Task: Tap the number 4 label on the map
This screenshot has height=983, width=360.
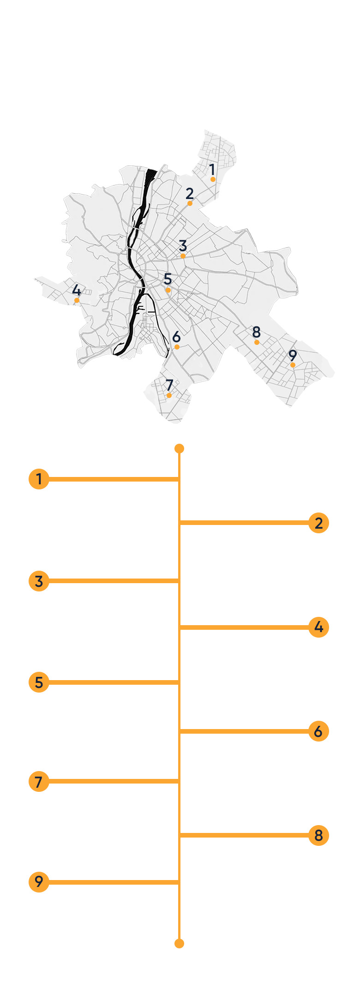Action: (x=77, y=290)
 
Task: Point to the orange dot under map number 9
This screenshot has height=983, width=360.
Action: (x=293, y=365)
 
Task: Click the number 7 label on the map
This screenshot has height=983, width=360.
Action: (x=169, y=385)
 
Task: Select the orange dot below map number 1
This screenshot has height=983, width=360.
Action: (x=213, y=179)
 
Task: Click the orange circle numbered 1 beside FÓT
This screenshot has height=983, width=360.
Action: (x=39, y=479)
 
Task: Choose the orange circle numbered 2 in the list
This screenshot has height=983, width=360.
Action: (x=318, y=523)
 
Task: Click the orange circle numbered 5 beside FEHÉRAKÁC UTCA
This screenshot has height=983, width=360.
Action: (x=39, y=682)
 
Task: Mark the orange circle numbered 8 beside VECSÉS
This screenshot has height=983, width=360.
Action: (x=318, y=835)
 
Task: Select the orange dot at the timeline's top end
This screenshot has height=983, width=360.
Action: (x=180, y=449)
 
